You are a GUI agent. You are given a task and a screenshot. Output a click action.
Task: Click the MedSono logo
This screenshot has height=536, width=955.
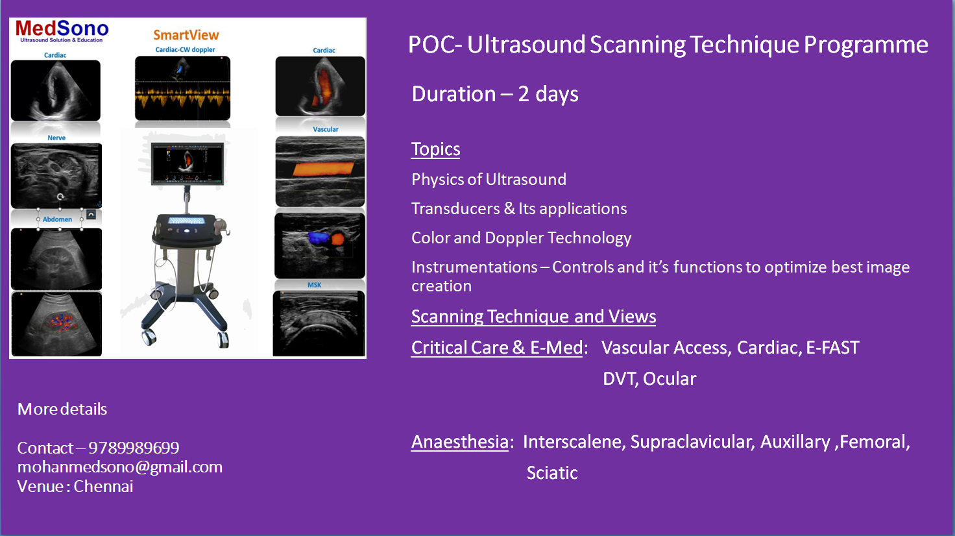[62, 31]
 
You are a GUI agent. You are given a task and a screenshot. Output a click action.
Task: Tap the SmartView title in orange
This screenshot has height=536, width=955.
[186, 35]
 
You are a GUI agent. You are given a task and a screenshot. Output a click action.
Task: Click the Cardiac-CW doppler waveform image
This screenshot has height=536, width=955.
[182, 88]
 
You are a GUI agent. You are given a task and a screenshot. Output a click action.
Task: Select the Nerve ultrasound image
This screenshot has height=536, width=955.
[56, 176]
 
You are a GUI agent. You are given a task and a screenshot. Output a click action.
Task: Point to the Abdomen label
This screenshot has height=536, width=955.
[57, 219]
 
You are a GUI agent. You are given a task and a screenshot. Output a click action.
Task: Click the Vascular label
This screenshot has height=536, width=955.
[326, 129]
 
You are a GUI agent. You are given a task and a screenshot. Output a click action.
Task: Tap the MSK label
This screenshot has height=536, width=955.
[314, 285]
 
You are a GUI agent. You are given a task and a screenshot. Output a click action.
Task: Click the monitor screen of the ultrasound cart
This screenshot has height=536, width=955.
[187, 164]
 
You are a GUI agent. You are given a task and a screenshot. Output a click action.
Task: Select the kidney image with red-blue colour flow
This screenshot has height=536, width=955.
[56, 324]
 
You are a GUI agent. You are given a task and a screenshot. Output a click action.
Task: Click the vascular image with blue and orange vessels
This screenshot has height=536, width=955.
[320, 246]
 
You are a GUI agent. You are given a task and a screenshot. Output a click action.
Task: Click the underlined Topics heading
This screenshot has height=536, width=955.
[436, 149]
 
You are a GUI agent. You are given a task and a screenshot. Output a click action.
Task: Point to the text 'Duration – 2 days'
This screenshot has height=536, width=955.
[495, 94]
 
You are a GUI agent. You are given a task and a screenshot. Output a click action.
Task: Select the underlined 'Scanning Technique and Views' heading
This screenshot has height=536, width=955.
[533, 317]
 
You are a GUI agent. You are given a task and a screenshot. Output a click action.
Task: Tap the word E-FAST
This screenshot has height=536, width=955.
[832, 348]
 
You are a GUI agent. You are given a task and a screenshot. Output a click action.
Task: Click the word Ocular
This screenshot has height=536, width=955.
[670, 379]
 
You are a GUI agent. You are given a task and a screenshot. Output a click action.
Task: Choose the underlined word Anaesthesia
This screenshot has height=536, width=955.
[459, 442]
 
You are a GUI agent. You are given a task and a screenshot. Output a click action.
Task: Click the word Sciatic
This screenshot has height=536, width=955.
[552, 473]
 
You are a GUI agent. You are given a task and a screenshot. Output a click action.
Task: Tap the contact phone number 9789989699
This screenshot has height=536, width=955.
[134, 448]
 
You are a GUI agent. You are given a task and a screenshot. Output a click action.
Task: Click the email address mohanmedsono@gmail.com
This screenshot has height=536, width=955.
[120, 467]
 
